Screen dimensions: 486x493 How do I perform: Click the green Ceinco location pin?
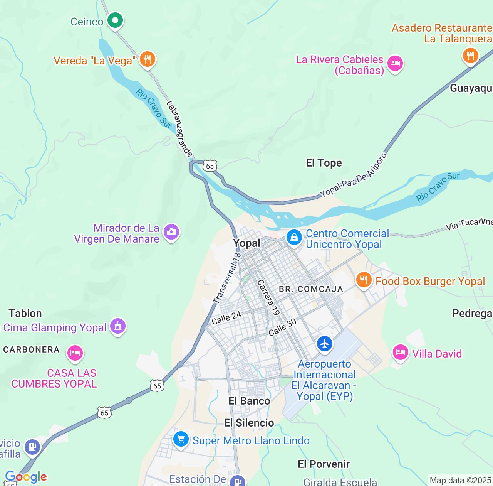click(x=115, y=20)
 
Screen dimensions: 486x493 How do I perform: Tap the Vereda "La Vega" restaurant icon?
click(x=147, y=59)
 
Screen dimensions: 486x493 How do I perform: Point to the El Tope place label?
click(x=324, y=163)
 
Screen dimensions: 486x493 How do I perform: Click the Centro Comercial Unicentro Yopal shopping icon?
click(x=294, y=237)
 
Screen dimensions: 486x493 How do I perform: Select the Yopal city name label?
click(x=246, y=243)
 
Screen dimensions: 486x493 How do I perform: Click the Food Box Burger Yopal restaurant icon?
click(x=363, y=280)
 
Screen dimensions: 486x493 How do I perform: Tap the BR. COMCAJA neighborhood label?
click(x=311, y=289)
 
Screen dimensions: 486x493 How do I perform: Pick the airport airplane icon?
click(x=325, y=343)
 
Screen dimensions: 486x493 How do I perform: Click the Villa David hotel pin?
click(x=400, y=353)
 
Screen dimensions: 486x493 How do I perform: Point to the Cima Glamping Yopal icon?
click(x=118, y=326)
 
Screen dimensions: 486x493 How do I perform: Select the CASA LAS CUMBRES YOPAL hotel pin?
click(x=75, y=353)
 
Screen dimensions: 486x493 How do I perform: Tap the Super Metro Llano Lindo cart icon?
click(x=181, y=439)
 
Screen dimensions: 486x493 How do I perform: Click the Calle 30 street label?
click(x=282, y=327)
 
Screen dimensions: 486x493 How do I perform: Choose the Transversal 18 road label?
click(x=227, y=278)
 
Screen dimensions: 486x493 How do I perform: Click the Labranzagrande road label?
click(x=179, y=128)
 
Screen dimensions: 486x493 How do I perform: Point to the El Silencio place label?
click(x=249, y=423)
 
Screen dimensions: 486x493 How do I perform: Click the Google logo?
click(x=26, y=477)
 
